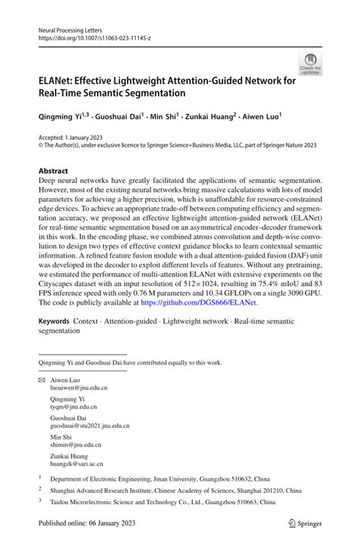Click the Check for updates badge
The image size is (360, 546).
click(x=309, y=64)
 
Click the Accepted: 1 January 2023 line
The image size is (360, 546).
click(x=75, y=139)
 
